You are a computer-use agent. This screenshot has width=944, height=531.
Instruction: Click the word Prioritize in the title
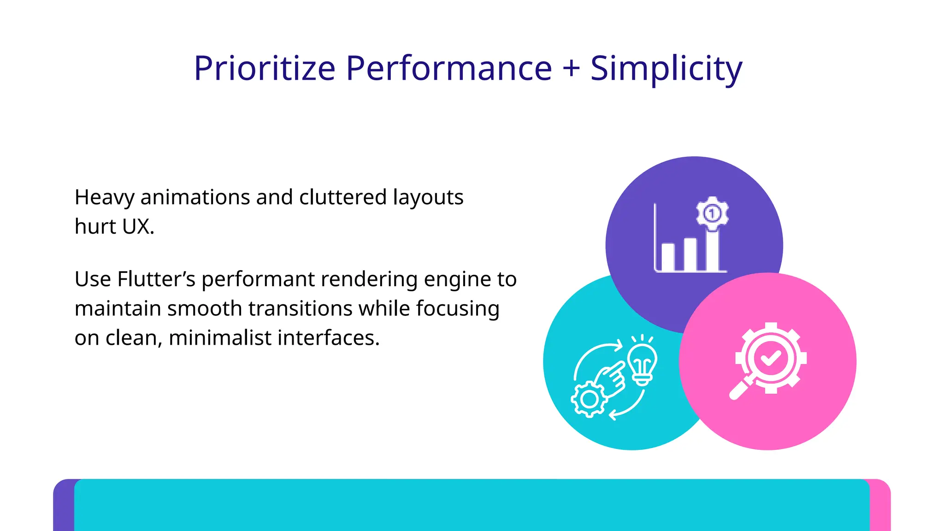click(264, 68)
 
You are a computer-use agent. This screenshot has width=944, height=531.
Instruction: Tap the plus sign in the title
click(571, 68)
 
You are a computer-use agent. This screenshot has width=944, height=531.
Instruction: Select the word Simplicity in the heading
click(666, 68)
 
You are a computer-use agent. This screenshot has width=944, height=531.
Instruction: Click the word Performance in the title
click(448, 68)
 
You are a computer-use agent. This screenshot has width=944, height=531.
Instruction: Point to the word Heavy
click(104, 198)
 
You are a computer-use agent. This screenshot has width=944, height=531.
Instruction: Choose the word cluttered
click(342, 197)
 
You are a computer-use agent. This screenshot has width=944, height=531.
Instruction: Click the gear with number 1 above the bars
click(712, 213)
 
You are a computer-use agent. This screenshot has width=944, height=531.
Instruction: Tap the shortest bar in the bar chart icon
click(668, 257)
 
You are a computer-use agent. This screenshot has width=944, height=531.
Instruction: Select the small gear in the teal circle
click(589, 399)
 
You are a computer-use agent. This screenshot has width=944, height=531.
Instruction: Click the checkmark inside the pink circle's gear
click(770, 358)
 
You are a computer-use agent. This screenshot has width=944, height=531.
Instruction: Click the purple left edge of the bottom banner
click(64, 507)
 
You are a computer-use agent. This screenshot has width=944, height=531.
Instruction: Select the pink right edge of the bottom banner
click(880, 507)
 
